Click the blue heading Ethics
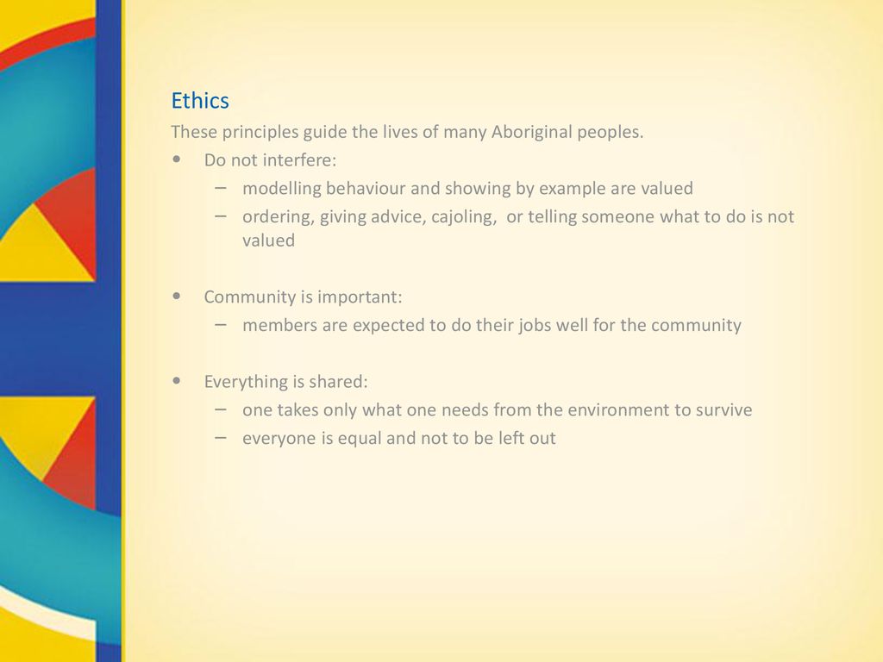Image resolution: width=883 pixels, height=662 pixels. click(x=200, y=101)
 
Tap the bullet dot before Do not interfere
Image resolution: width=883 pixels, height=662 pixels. click(x=177, y=159)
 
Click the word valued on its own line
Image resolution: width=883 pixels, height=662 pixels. click(x=269, y=240)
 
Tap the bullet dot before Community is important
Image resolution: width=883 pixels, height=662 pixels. click(x=177, y=297)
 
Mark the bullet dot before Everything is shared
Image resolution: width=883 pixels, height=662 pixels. click(x=177, y=380)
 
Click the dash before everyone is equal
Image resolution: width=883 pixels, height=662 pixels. click(x=221, y=437)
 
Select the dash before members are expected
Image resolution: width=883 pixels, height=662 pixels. click(x=221, y=325)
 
